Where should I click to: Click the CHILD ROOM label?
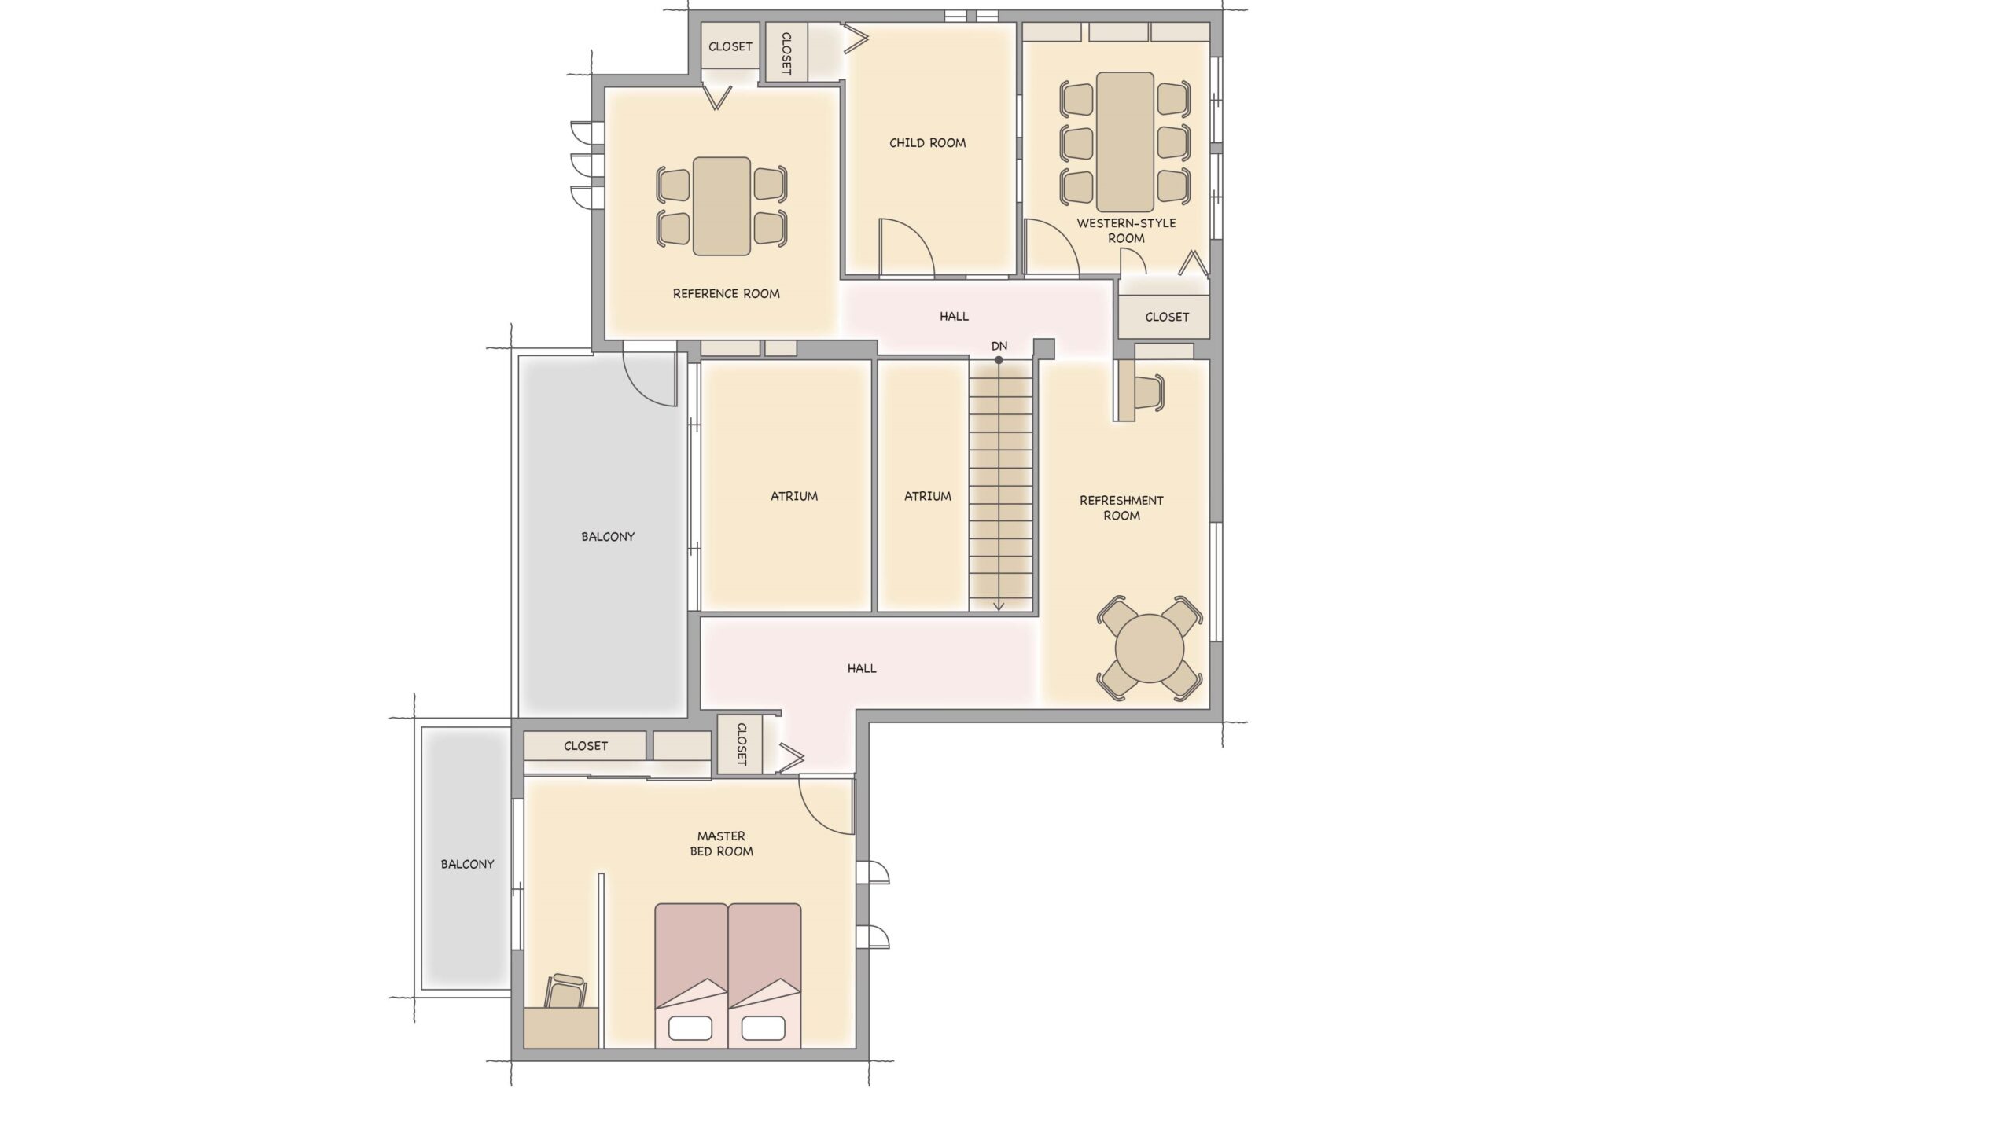927,143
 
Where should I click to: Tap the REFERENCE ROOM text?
726,294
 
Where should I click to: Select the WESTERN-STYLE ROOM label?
1126,230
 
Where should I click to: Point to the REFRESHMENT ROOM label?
1121,508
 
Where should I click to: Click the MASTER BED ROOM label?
721,844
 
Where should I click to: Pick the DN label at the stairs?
999,346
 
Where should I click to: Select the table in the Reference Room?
721,207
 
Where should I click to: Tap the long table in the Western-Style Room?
1125,142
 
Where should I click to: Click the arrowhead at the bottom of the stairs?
999,605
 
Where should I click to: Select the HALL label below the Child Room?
954,317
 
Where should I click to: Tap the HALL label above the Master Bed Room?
862,669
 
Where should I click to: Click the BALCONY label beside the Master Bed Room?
467,864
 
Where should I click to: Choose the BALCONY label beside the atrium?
608,537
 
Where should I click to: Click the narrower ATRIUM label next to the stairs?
927,496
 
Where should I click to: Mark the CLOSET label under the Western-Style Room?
1167,317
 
